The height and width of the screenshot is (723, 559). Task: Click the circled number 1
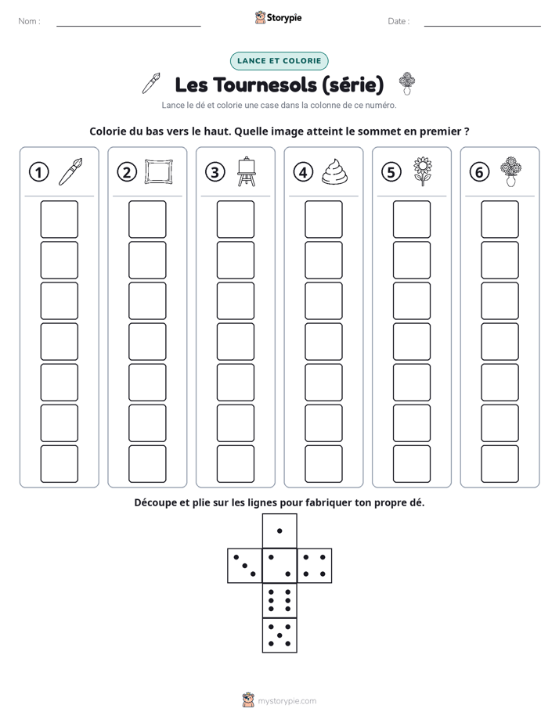tap(38, 172)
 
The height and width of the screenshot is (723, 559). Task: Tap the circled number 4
tap(303, 172)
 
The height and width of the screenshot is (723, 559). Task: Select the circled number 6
tap(479, 172)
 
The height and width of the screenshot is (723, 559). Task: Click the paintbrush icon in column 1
tap(70, 171)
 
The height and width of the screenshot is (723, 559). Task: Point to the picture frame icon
tap(159, 171)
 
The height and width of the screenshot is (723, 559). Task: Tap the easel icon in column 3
tap(247, 171)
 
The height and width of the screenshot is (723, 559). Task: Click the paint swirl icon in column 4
tap(334, 172)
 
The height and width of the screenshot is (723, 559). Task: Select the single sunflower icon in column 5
tap(423, 171)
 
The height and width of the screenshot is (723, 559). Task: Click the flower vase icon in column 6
tap(510, 171)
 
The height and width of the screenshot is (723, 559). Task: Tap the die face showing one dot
tap(279, 531)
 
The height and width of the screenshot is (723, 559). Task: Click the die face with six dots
tap(279, 600)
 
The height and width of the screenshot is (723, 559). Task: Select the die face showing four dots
tap(315, 566)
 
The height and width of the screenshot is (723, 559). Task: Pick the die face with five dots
tap(279, 635)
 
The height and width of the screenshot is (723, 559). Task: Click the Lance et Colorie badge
tap(279, 61)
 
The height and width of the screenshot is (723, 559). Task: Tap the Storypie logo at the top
tap(278, 17)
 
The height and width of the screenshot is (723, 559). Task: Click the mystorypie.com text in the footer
tap(287, 701)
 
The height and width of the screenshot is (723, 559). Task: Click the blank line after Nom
tap(128, 26)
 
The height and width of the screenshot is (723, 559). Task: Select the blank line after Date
tap(482, 26)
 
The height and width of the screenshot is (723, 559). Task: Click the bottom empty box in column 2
tap(147, 464)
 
